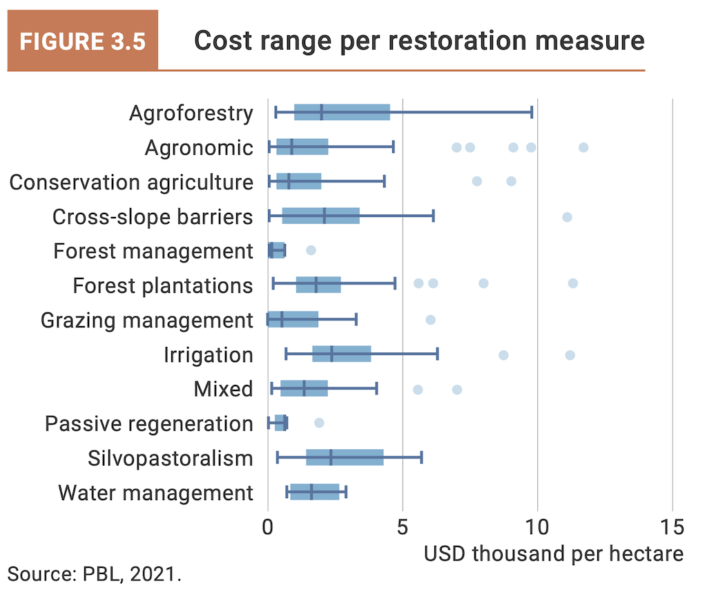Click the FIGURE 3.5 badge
[x=82, y=41]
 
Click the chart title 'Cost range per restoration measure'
[x=419, y=41]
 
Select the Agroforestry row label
[x=191, y=113]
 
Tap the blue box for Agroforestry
[x=342, y=113]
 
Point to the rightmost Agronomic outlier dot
[x=583, y=147]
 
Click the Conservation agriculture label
[x=131, y=182]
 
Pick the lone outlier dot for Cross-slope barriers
[x=567, y=217]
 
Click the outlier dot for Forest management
[x=311, y=250]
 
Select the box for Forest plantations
[x=318, y=285]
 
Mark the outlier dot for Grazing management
[x=430, y=320]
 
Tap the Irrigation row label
[x=209, y=355]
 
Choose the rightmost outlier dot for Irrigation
[x=570, y=355]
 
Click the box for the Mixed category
[x=304, y=388]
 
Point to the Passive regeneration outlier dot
[x=318, y=423]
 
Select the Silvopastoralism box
[x=345, y=457]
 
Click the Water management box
[x=315, y=492]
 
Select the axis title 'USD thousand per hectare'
[x=553, y=553]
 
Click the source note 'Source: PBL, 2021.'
[x=95, y=573]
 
